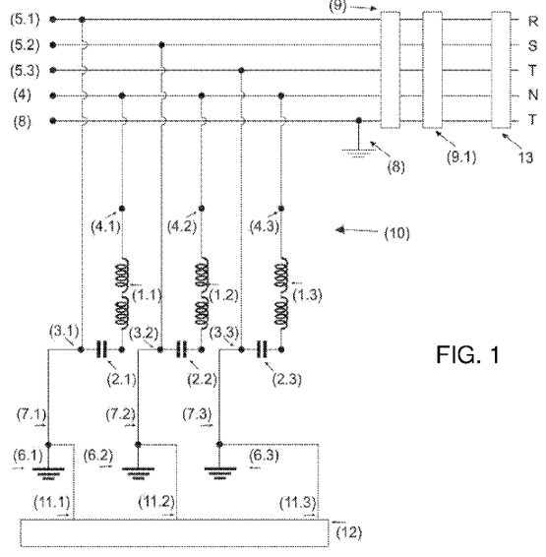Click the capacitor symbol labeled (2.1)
click(x=101, y=349)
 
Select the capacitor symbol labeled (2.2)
click(x=181, y=349)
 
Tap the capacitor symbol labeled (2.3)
click(x=262, y=349)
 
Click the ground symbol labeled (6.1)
click(x=48, y=473)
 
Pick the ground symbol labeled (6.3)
click(x=219, y=473)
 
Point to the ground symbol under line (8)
click(x=358, y=154)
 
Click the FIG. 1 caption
click(x=467, y=354)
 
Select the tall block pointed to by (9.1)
click(x=433, y=70)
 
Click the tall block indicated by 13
click(x=502, y=70)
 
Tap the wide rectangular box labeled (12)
click(x=174, y=532)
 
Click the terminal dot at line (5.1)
click(x=53, y=20)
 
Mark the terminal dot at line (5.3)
click(x=53, y=70)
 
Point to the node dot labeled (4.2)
click(x=202, y=209)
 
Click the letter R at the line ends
click(x=533, y=22)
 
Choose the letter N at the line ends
click(x=533, y=94)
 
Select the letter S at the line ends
click(x=532, y=46)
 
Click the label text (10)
click(x=396, y=233)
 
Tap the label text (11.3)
click(x=297, y=503)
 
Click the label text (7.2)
click(x=121, y=414)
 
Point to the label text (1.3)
click(x=308, y=295)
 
